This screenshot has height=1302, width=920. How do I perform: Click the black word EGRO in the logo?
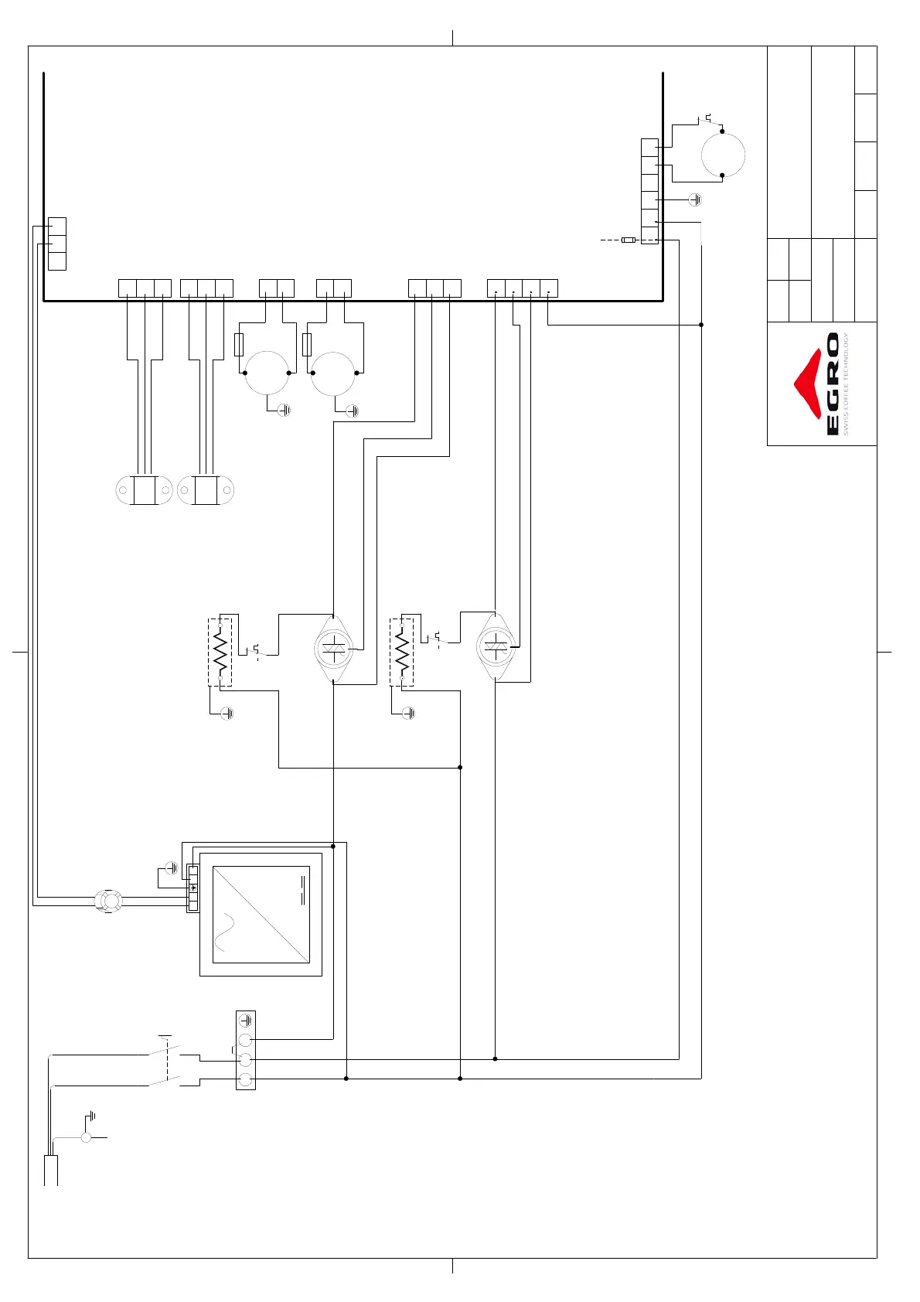[x=833, y=384]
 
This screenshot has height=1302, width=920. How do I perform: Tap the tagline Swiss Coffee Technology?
[x=847, y=384]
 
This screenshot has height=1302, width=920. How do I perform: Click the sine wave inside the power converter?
[x=225, y=932]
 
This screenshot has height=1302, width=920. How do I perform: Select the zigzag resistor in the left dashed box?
[x=221, y=652]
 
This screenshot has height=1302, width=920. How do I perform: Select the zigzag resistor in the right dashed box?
[x=402, y=652]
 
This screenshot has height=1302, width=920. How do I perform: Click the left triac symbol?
[x=334, y=649]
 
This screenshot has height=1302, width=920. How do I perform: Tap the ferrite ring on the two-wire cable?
[x=108, y=901]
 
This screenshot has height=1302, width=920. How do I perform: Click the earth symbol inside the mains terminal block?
[x=246, y=1021]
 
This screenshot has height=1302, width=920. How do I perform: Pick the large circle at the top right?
[x=723, y=154]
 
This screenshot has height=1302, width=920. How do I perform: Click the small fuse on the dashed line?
[x=629, y=240]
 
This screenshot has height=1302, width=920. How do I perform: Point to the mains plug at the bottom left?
[x=51, y=1169]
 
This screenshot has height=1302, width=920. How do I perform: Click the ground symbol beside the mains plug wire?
[x=91, y=1116]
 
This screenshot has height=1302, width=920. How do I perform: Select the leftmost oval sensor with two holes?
[x=144, y=490]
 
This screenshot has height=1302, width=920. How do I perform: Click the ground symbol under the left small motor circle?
[x=284, y=411]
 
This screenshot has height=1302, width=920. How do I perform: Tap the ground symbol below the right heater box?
[x=408, y=713]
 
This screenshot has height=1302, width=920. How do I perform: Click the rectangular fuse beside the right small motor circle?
[x=307, y=345]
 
